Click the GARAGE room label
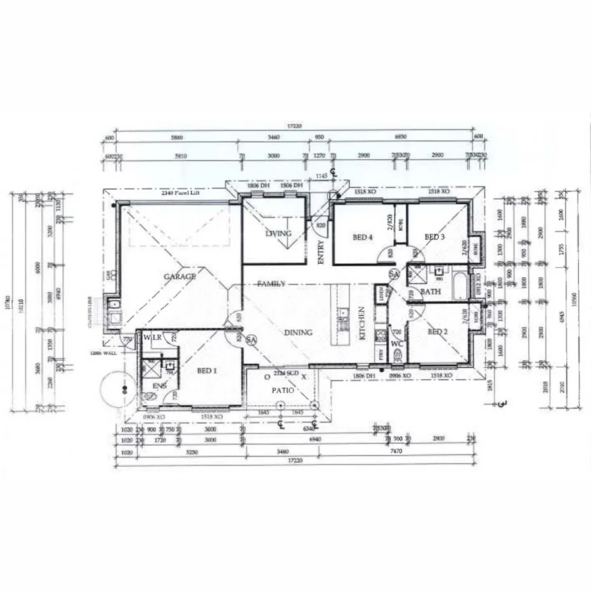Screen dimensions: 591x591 coord(180,276)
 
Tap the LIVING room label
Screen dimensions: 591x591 coord(278,234)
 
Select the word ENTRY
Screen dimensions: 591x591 coord(321,252)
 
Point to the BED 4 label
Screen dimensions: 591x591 coord(361,238)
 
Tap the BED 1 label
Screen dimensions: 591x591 coord(207,371)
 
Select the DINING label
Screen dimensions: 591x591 coord(298,332)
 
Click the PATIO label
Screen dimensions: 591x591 coord(282,391)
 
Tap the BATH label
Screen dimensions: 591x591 coord(431,292)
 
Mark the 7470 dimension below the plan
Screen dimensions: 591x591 coord(396,451)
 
